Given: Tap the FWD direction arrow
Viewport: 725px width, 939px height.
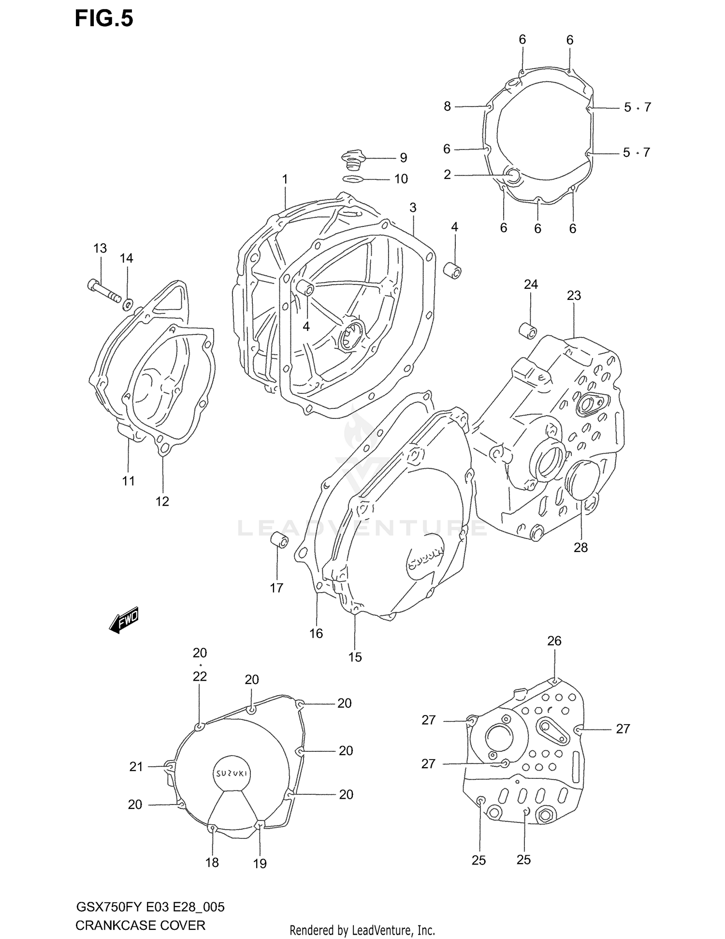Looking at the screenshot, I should (x=124, y=619).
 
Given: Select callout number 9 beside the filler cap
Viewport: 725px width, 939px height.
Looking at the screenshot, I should (x=403, y=158).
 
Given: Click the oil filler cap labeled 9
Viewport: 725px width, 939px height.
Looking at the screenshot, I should (x=354, y=159).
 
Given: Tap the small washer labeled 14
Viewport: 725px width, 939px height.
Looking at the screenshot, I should (x=128, y=305).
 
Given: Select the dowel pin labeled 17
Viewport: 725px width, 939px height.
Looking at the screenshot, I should (x=279, y=540).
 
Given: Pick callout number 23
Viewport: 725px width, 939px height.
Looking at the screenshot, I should (x=574, y=296).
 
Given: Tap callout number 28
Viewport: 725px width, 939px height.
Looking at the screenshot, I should (x=580, y=547).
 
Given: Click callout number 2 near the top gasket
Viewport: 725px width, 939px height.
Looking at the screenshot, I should (x=447, y=175).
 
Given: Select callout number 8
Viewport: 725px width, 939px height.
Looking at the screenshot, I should (x=447, y=106).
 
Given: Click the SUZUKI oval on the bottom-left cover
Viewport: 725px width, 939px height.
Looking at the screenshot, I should (x=232, y=773).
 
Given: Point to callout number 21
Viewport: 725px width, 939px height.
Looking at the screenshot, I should (x=136, y=766).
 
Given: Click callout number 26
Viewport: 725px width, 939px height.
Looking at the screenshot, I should (x=554, y=641).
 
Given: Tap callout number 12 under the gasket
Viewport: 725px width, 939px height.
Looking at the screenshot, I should (x=162, y=502).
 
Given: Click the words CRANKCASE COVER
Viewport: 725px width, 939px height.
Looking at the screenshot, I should (x=140, y=925).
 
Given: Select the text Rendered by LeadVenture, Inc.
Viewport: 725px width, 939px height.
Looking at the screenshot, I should (x=362, y=930).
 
